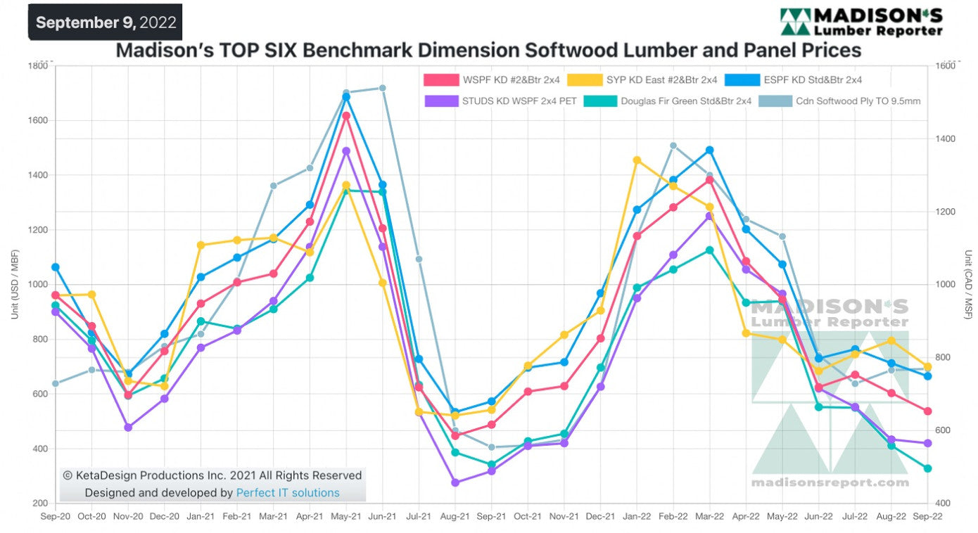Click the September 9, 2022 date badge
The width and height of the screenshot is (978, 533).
(x=105, y=22)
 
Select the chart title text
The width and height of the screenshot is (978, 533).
(x=488, y=51)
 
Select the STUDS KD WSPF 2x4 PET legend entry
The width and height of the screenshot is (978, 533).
(x=501, y=101)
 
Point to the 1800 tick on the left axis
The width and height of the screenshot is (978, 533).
(x=38, y=65)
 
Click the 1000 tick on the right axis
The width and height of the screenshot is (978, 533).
(x=945, y=285)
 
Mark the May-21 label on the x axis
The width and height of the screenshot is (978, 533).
(x=345, y=516)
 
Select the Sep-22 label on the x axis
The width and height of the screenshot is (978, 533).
(x=927, y=516)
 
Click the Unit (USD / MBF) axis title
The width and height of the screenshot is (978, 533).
(x=15, y=285)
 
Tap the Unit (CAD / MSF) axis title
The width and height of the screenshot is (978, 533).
(x=968, y=285)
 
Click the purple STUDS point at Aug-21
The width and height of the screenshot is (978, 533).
(x=455, y=483)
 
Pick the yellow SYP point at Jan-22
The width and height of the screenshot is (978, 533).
(x=637, y=160)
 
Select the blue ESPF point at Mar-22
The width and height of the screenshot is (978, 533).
(x=709, y=150)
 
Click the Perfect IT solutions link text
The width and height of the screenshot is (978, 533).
(x=288, y=493)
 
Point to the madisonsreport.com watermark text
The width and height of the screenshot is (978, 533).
(x=830, y=482)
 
